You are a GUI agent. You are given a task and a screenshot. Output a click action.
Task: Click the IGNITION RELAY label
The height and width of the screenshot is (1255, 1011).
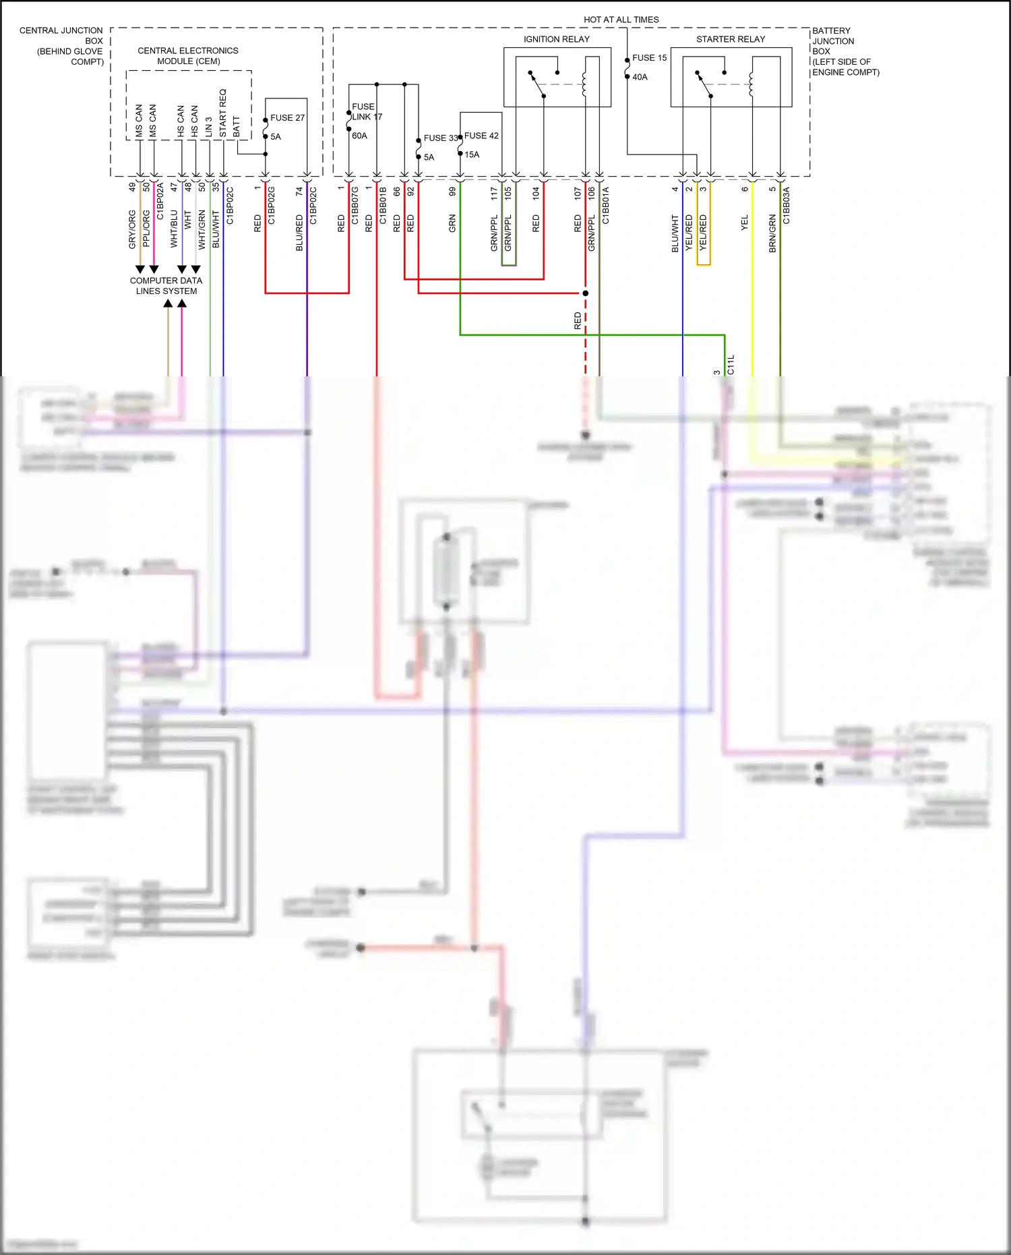pos(556,39)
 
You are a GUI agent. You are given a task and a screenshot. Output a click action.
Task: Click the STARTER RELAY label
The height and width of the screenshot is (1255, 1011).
pos(731,39)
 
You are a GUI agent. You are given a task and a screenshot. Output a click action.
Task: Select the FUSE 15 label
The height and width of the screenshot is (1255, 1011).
pos(649,58)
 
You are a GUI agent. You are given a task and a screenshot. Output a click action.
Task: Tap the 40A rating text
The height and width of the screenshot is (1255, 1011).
pos(640,77)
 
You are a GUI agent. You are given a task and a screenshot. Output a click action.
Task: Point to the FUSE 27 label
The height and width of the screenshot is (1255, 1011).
pos(287,118)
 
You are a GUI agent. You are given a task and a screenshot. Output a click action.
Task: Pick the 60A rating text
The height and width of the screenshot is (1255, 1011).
pos(359,136)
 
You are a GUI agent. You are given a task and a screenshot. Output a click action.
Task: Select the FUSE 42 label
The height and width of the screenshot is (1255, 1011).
pos(481,136)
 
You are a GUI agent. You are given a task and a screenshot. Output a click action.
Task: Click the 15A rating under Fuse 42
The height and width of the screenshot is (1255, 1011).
pos(472,154)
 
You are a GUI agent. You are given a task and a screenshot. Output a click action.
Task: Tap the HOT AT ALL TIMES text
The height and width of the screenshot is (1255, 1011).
pos(621,20)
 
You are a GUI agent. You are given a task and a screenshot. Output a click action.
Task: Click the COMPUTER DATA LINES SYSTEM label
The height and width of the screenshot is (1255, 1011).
pos(166,286)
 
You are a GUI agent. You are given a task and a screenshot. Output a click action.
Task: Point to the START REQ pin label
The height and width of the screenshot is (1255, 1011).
pos(223,113)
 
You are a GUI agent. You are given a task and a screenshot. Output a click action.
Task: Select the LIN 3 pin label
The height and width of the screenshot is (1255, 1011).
pos(209,127)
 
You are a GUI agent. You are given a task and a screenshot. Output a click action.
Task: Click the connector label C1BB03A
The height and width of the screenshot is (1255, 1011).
pos(787,206)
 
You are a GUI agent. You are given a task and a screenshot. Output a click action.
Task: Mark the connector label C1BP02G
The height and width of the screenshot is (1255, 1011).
pos(272,206)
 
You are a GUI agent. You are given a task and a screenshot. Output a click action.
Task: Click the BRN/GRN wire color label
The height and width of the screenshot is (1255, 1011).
pos(772,233)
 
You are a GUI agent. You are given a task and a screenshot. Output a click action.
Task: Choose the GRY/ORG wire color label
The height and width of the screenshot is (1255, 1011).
pos(132,229)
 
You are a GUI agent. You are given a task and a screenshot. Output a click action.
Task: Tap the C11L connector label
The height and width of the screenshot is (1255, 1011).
pos(731,365)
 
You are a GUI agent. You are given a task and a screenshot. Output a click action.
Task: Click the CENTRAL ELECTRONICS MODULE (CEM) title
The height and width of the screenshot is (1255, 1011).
pos(188,56)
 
